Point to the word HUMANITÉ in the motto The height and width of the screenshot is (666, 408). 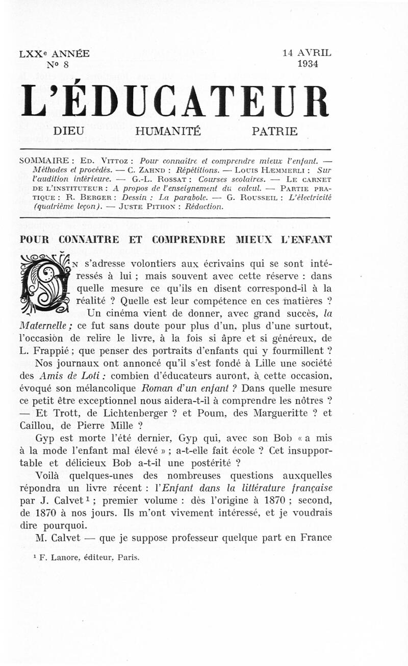[168, 131]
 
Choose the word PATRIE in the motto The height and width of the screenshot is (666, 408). [274, 131]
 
